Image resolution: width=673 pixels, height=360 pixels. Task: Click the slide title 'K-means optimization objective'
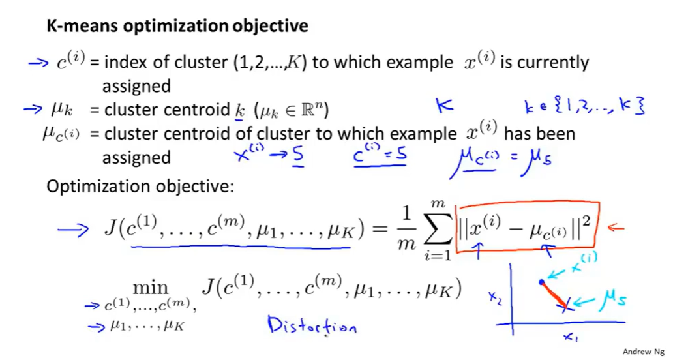[177, 27]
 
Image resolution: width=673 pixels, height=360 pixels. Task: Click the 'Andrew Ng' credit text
[644, 352]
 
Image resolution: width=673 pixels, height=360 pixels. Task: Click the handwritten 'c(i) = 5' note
[380, 156]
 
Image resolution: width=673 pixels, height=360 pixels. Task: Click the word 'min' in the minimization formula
[151, 288]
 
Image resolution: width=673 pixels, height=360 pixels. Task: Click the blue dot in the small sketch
[542, 282]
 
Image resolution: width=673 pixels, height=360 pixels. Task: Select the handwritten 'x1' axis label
[571, 337]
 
